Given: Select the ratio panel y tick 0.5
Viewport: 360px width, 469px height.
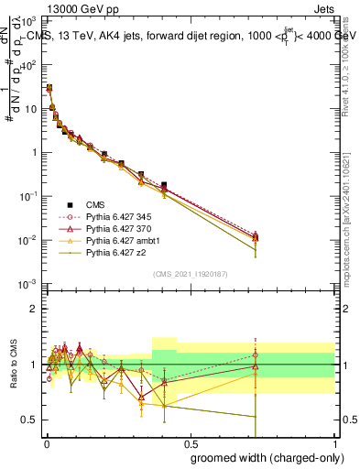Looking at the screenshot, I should coord(27,420).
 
